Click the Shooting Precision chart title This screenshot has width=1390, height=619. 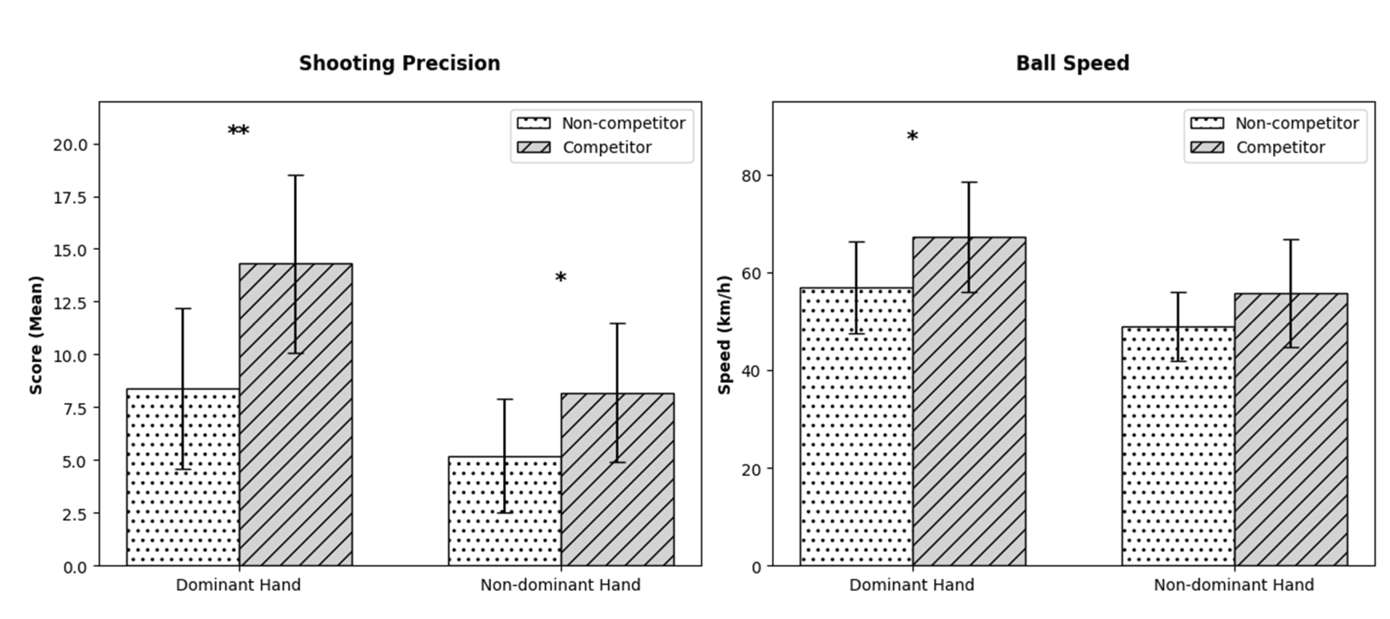(x=399, y=63)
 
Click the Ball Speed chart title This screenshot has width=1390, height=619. (x=1072, y=63)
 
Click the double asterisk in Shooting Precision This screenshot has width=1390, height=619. (x=238, y=131)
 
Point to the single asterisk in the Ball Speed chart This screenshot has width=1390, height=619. (x=912, y=137)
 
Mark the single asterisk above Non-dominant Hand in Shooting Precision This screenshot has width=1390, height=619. (x=561, y=278)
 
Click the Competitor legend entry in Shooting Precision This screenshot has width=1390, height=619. (x=607, y=147)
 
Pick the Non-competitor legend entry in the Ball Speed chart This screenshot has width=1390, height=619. (x=1296, y=124)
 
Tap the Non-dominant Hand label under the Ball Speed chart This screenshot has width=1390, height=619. (x=1233, y=585)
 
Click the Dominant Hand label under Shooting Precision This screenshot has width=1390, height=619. (x=238, y=585)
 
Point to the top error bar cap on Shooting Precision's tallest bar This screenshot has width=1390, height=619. (x=296, y=175)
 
